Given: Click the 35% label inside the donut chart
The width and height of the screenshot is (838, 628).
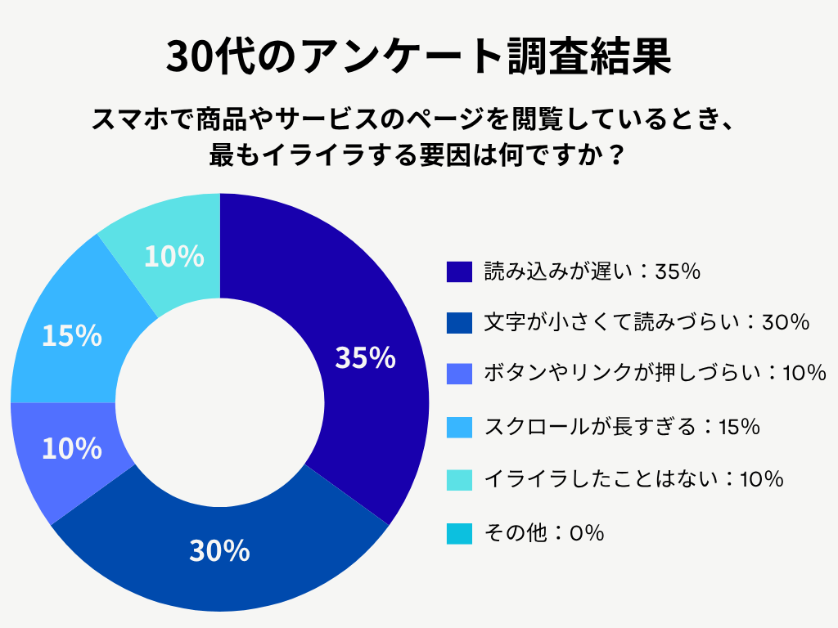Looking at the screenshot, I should click(x=365, y=358).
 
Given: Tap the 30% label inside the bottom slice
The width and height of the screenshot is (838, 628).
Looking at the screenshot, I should click(x=219, y=551).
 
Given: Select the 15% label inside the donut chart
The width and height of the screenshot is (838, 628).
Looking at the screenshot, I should click(x=72, y=335).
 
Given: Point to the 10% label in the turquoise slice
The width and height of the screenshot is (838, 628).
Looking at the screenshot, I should click(x=173, y=257).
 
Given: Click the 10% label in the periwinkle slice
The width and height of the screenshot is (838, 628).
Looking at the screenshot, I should click(x=72, y=448).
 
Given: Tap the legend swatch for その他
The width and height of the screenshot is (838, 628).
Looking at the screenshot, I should click(x=460, y=534).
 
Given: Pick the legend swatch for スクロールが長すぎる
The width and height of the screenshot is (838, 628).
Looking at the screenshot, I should click(x=460, y=427).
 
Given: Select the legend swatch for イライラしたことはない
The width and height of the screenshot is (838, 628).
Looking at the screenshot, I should click(x=460, y=480).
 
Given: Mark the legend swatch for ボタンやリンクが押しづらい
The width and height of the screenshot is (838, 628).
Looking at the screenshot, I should click(x=460, y=375).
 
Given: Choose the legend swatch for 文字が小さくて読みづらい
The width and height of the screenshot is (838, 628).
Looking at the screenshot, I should click(x=460, y=323).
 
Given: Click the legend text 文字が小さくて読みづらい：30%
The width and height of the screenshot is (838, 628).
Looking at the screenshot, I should click(x=647, y=323).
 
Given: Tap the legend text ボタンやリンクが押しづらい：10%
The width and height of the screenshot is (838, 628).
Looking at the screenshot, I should click(x=655, y=375).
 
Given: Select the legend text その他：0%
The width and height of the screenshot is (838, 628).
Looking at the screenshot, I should click(x=544, y=534).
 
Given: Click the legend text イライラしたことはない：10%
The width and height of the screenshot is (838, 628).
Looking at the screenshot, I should click(x=634, y=480).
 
